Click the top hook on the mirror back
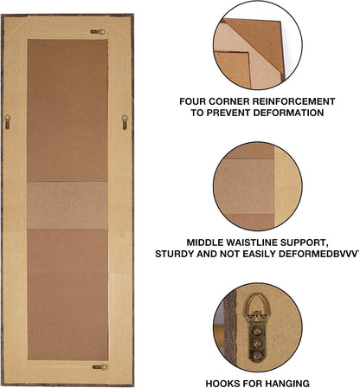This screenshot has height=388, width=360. (98, 32)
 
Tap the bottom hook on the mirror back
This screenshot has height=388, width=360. (100, 367)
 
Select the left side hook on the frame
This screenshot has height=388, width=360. (8, 122)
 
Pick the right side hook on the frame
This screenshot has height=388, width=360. (125, 122)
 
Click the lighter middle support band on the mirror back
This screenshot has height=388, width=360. (67, 205)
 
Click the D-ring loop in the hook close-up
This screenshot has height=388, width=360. (258, 302)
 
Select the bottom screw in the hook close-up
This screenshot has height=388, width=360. (257, 355)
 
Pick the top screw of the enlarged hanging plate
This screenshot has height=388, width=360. (257, 330)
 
